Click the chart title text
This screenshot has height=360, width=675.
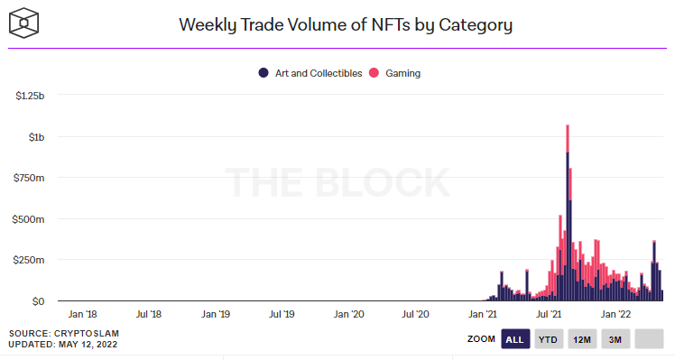pos(346,25)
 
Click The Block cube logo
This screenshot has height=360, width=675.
pos(24,23)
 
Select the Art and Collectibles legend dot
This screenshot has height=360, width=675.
pos(264,73)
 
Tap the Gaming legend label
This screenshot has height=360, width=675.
pos(402,73)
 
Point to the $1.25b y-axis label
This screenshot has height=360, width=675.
pos(30,96)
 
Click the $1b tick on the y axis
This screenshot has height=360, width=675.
pos(37,137)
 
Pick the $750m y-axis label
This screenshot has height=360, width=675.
pos(29,178)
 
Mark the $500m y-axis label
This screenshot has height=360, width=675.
pos(28,219)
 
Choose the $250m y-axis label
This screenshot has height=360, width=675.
pos(29,260)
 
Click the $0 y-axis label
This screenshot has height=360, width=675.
pos(38,301)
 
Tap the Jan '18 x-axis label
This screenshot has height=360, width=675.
pos(82,314)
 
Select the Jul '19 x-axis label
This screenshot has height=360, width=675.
pos(282,314)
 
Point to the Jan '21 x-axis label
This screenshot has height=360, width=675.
pos(482,314)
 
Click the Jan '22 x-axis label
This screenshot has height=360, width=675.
pos(615,314)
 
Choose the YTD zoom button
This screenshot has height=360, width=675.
pos(548,339)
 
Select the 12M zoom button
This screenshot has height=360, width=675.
pos(581,339)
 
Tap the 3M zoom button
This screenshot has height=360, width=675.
pos(615,339)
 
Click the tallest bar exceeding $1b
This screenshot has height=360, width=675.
pos(568,213)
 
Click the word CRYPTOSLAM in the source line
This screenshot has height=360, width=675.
pos(86,333)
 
